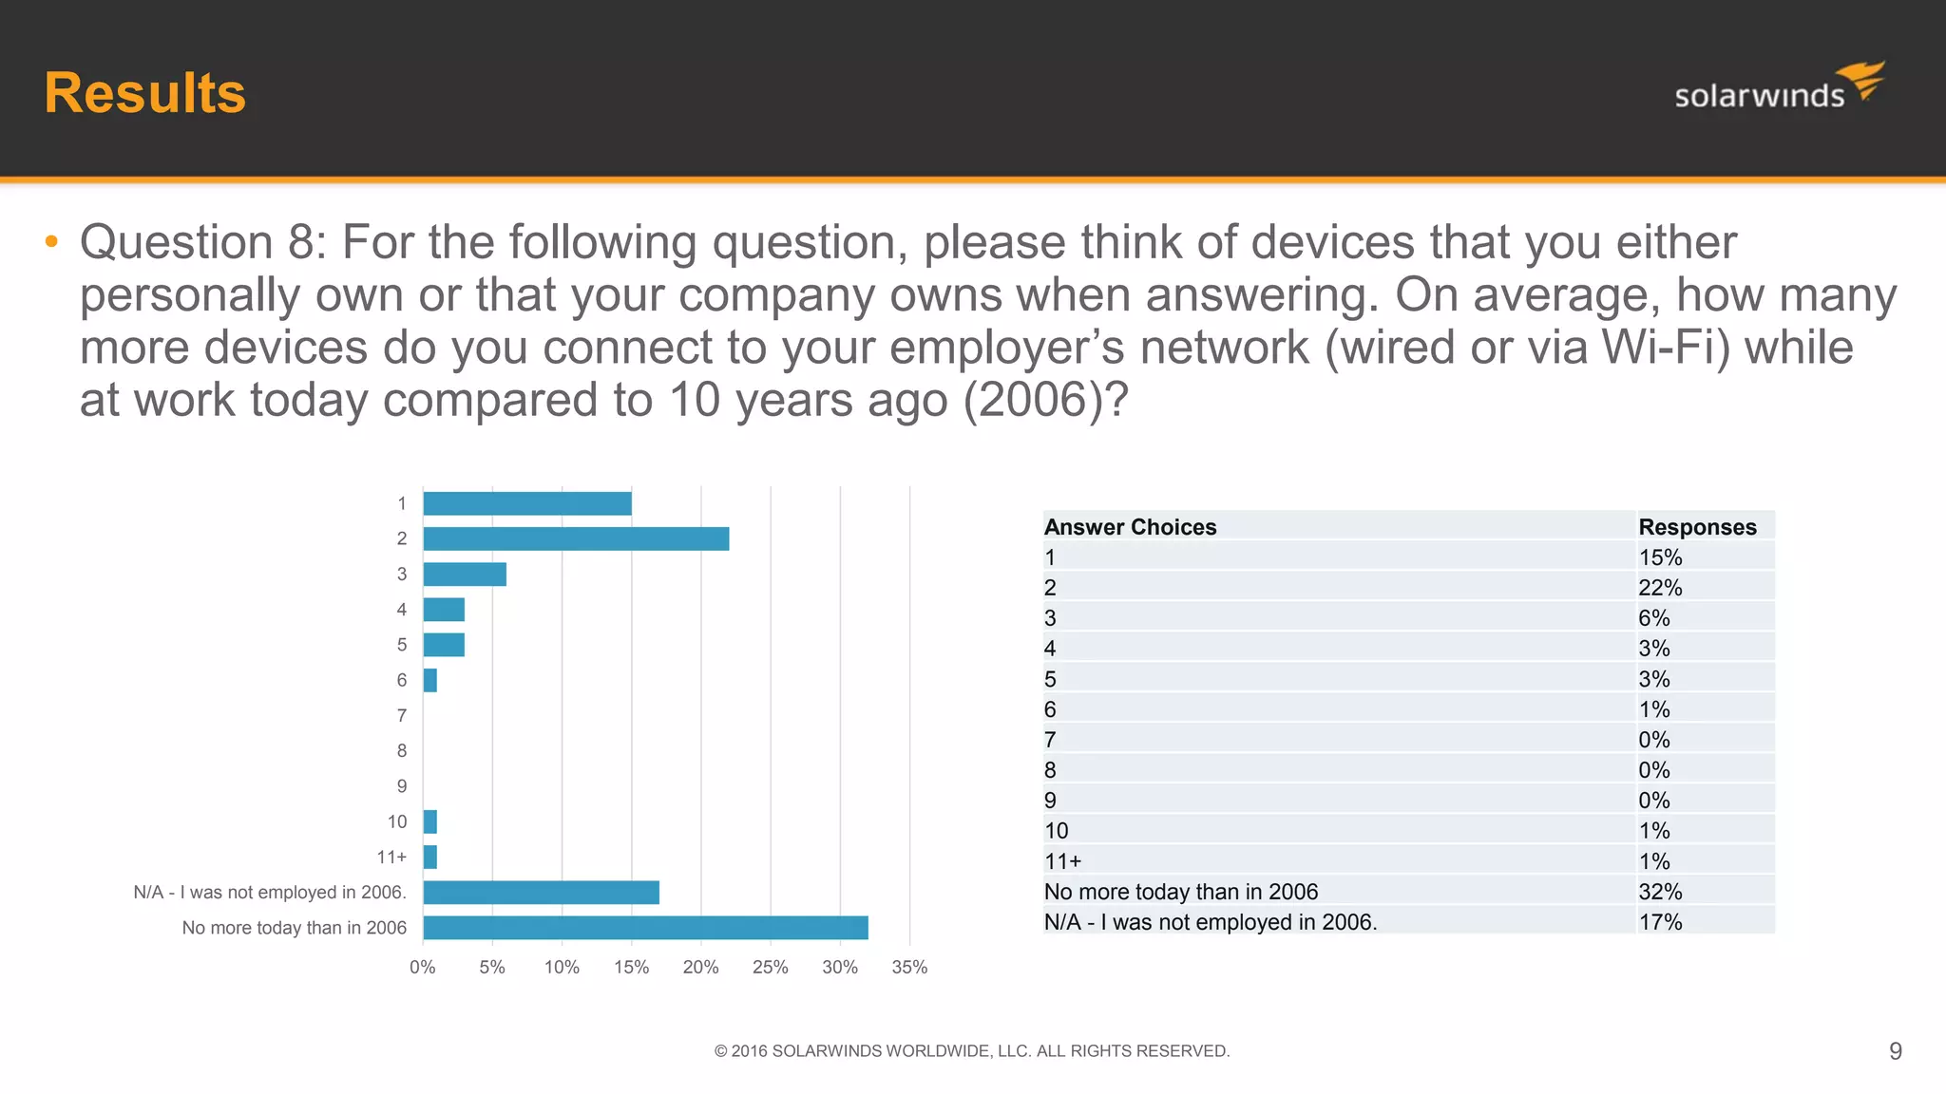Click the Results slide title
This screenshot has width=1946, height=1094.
144,93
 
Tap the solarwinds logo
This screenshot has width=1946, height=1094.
1779,87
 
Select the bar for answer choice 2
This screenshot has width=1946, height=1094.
576,539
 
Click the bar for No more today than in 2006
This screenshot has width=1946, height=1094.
645,928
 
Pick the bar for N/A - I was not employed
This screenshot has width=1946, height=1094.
541,893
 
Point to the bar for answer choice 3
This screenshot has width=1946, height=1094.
465,575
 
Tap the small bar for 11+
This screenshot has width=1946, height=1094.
430,858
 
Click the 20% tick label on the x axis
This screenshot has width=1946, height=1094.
700,968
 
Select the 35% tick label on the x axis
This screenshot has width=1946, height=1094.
909,968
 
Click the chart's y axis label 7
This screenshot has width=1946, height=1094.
402,716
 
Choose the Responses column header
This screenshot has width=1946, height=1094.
1697,527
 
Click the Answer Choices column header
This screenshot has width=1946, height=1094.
1130,527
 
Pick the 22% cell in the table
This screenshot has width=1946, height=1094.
1660,588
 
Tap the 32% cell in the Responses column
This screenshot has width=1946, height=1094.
1660,892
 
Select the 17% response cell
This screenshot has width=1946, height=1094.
1660,922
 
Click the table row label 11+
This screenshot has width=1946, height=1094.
1062,861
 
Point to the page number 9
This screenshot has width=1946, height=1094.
1895,1051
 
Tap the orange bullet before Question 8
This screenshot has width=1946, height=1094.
51,242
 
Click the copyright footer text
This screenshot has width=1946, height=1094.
972,1051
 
